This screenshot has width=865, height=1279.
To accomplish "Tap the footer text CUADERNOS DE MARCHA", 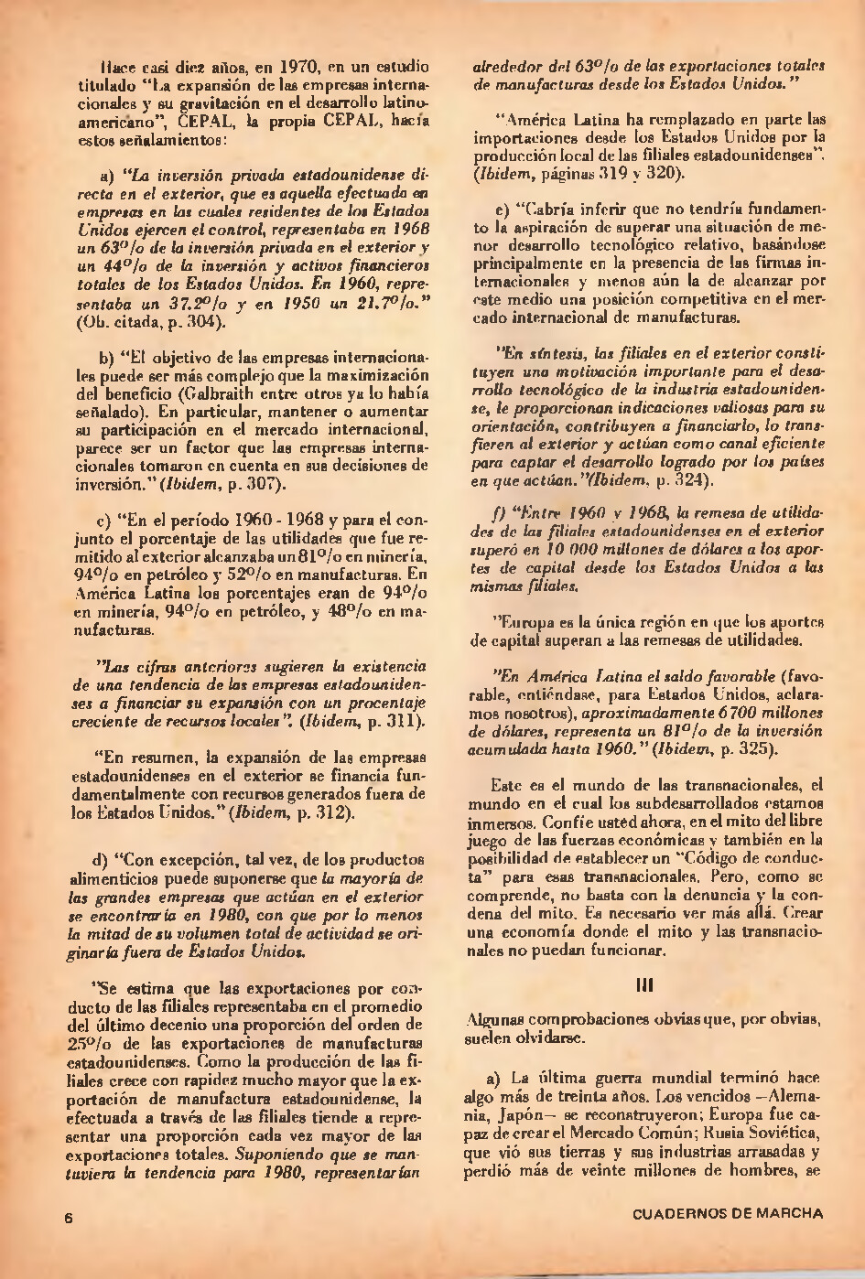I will pos(727,1214).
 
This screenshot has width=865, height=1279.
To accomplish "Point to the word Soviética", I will pos(786,1134).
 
